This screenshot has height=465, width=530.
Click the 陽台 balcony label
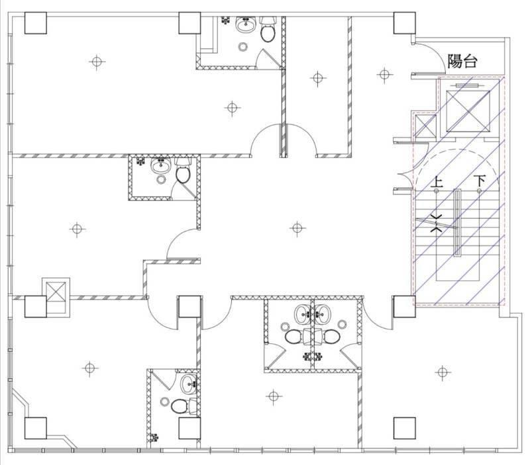point(462,61)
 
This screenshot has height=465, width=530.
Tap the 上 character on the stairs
point(437,182)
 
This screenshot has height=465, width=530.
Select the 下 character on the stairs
point(479,181)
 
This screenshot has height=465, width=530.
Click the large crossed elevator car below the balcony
point(468,111)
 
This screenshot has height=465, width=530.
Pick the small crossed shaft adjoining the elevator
point(425,126)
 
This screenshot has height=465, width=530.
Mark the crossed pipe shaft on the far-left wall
point(56,292)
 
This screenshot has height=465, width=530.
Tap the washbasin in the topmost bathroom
point(245,24)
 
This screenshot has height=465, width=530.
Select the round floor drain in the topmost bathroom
point(242,46)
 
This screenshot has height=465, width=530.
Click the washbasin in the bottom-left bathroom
point(189,384)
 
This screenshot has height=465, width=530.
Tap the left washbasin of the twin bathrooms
point(304,314)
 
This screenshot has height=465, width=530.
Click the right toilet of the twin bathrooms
point(331,337)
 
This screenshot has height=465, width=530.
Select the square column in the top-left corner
point(36,23)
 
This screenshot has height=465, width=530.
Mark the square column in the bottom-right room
point(404,428)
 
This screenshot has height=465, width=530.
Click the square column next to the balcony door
point(404,23)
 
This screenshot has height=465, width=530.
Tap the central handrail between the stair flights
point(457,223)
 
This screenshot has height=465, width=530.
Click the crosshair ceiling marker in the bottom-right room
point(443,372)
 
